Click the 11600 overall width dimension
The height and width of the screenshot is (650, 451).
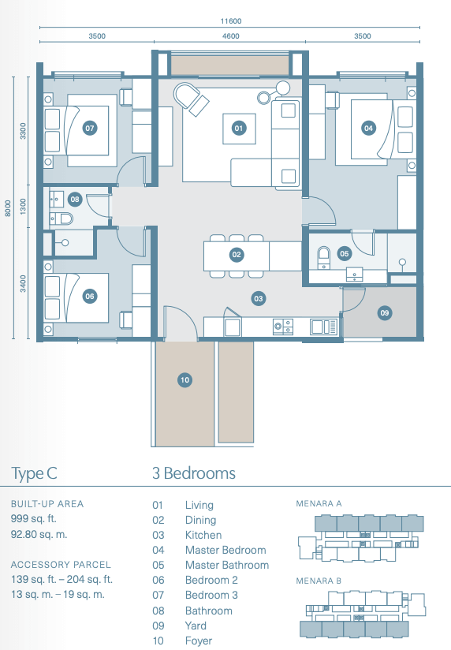click(231, 21)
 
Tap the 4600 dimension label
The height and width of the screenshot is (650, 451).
click(231, 36)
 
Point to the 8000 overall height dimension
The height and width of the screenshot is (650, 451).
click(8, 208)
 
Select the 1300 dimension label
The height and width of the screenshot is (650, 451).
click(23, 206)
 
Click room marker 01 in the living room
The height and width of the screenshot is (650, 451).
click(239, 128)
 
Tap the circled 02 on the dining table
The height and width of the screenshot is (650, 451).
click(237, 255)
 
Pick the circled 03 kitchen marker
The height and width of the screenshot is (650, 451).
click(259, 298)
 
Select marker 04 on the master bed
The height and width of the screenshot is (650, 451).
click(368, 128)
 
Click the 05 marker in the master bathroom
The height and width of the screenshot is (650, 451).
click(345, 254)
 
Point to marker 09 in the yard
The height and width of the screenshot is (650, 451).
click(385, 313)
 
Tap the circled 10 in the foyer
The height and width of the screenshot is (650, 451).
click(184, 379)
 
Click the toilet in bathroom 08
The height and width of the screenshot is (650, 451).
click(61, 218)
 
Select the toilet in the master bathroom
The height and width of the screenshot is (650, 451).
click(323, 257)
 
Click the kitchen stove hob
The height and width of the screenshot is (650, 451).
click(283, 327)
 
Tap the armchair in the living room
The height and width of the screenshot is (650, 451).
click(191, 99)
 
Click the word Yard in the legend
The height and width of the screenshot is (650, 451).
click(196, 626)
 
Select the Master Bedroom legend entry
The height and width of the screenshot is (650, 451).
click(225, 550)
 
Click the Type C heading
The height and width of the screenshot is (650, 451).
click(34, 473)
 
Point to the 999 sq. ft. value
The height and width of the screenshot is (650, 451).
click(34, 518)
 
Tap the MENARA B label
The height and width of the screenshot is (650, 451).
click(319, 581)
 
